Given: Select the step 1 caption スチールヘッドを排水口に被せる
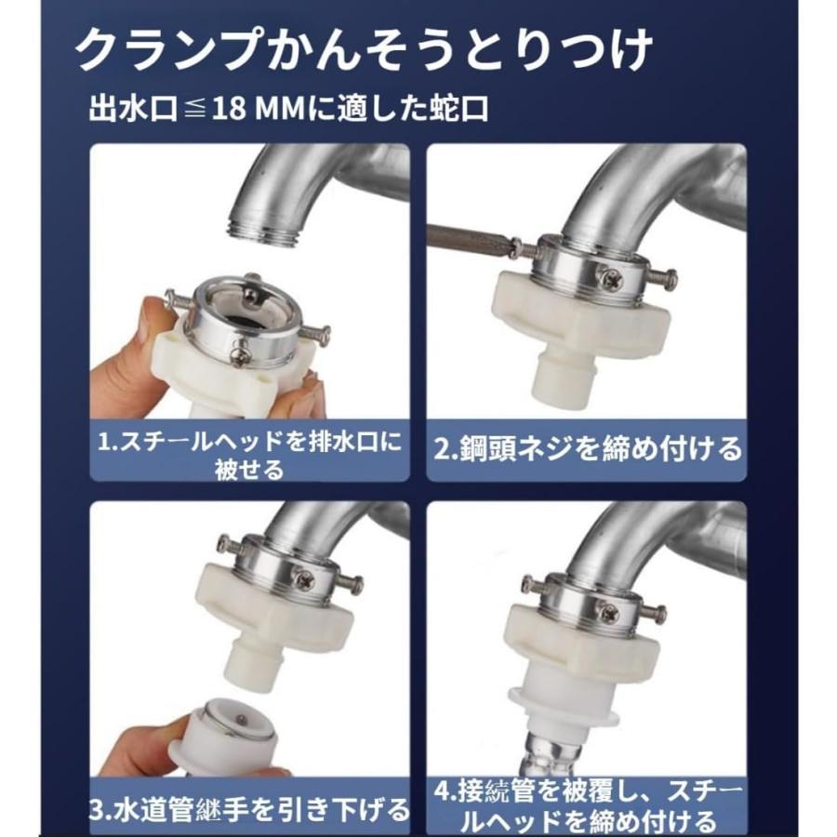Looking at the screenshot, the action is pos(248,456).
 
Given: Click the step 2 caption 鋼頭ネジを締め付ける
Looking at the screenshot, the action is pos(587,448).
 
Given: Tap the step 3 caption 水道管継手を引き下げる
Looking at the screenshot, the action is pos(248,810).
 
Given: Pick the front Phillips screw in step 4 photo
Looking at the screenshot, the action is pos(608,612).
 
